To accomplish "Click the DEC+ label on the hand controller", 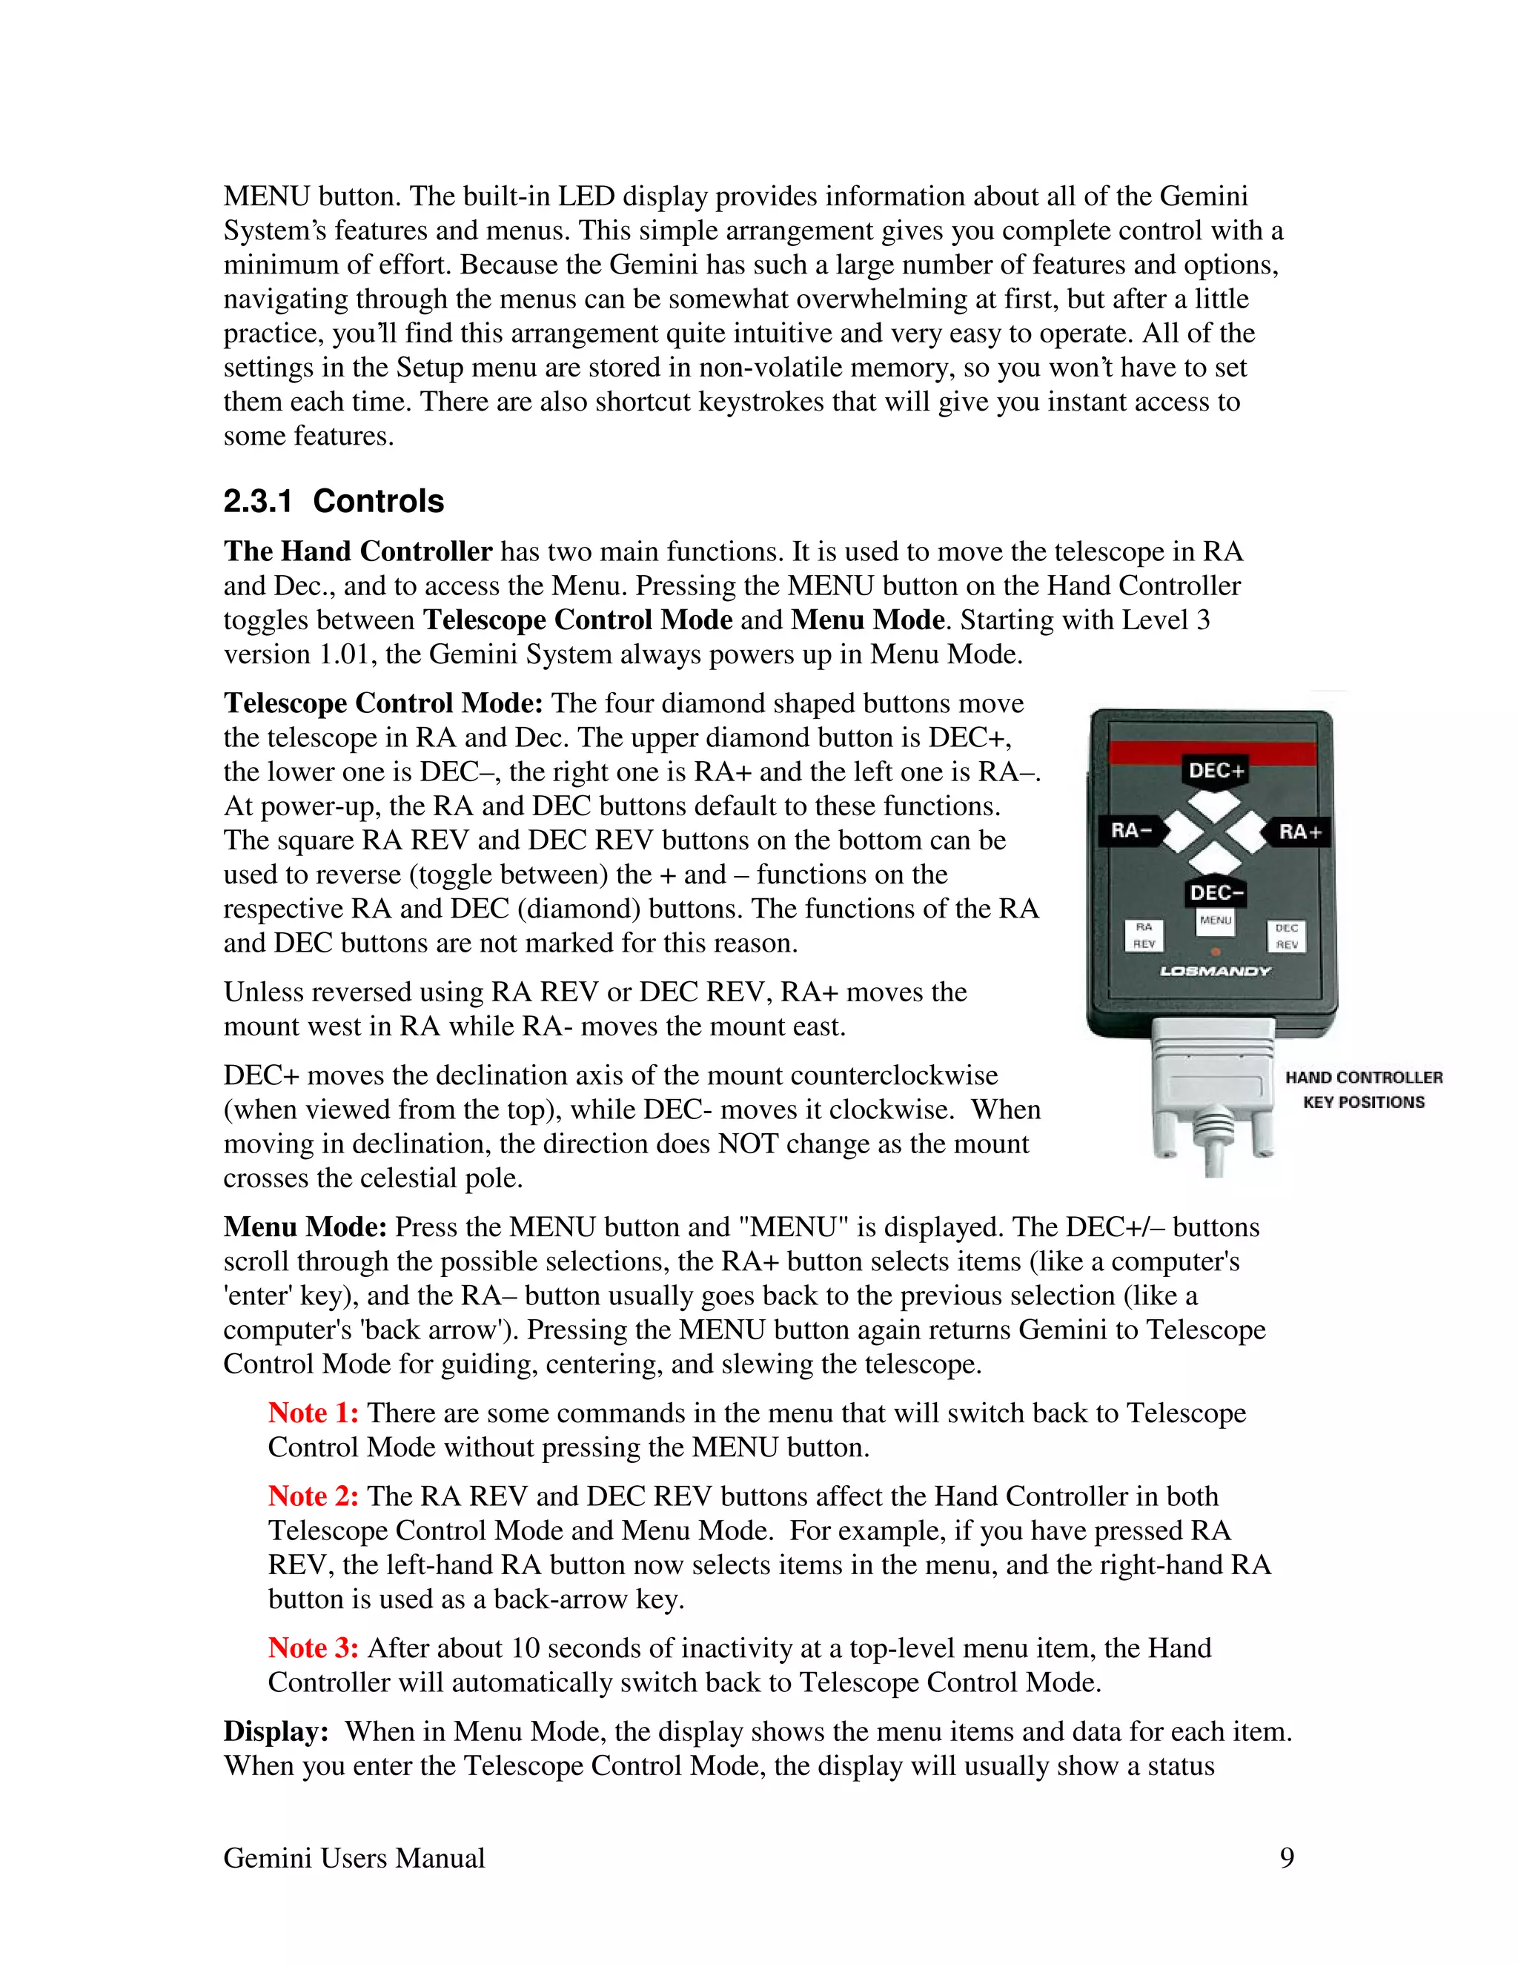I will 1216,771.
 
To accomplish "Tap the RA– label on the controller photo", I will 1131,830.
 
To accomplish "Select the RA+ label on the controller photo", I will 1299,832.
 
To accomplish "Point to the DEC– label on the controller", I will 1216,892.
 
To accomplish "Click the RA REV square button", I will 1144,935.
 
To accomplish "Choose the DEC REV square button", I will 1286,936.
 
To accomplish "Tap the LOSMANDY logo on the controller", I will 1215,971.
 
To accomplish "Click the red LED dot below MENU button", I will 1215,952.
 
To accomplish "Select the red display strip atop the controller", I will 1211,752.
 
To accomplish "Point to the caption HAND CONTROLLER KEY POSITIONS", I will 1363,1089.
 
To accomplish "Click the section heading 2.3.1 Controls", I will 334,501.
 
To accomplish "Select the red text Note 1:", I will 313,1413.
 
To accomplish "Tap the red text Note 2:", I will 313,1496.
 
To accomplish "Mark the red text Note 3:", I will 313,1648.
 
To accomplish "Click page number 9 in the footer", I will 1286,1858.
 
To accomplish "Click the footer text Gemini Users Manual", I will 354,1858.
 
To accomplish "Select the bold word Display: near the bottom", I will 275,1731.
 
